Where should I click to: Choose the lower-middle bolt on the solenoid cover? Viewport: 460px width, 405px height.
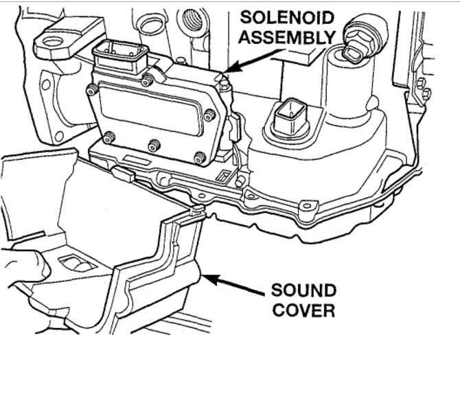click(x=155, y=146)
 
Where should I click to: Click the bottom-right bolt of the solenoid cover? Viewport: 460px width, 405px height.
click(x=200, y=159)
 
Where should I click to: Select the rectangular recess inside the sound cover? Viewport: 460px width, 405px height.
click(x=78, y=264)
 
